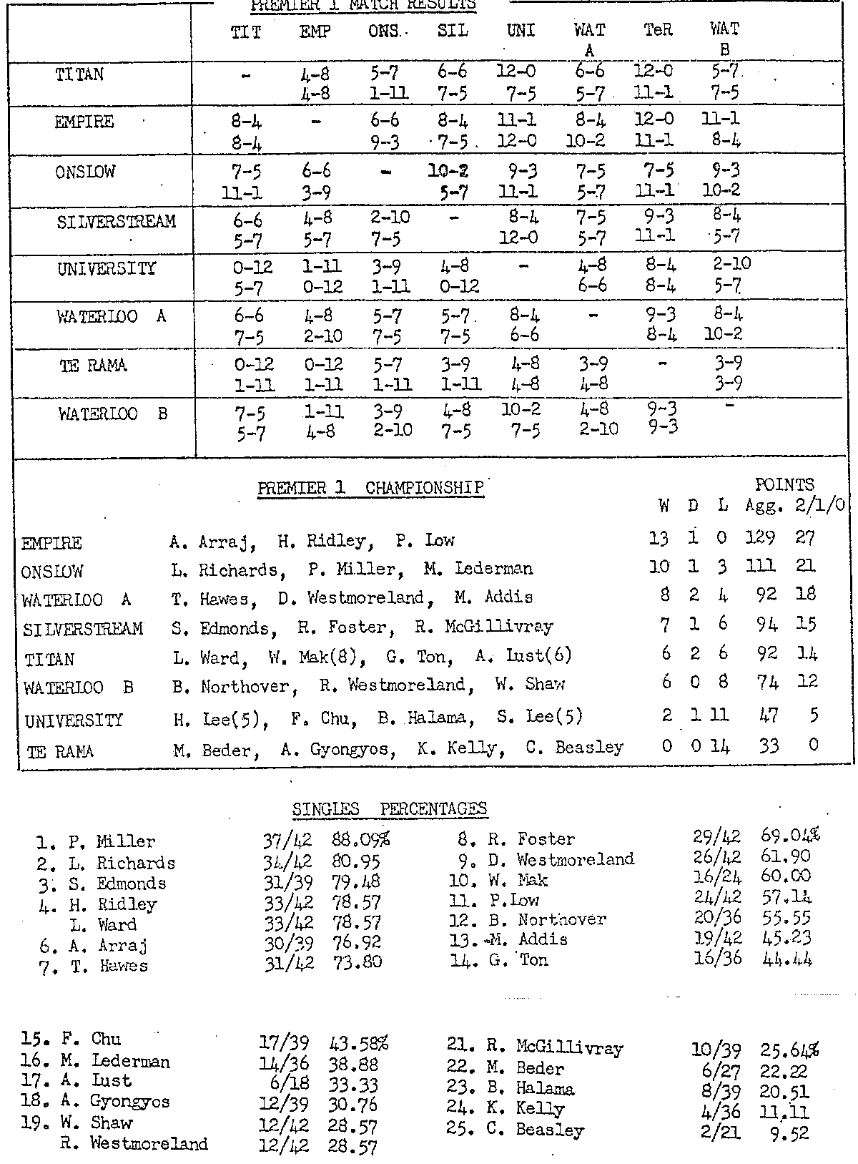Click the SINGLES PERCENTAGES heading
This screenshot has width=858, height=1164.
[390, 809]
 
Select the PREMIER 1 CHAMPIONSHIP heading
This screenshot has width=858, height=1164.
[370, 489]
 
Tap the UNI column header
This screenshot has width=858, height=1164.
[521, 31]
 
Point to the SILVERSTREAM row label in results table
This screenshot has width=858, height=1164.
[116, 222]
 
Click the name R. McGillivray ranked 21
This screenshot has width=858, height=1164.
[570, 1048]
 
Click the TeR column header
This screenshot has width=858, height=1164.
[658, 31]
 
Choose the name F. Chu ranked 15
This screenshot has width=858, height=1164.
[95, 1039]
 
